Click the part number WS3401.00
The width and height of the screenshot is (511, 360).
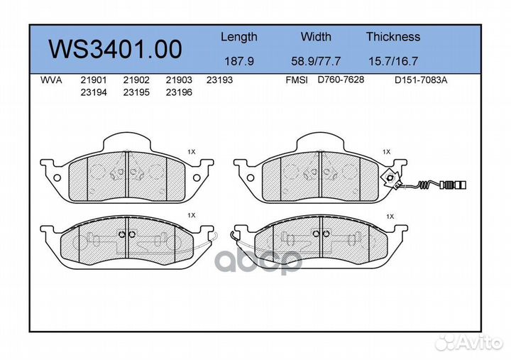tap(115, 49)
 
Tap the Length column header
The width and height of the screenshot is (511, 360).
tap(239, 38)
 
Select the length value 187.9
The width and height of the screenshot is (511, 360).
tap(239, 61)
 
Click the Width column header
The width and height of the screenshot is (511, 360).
tap(316, 36)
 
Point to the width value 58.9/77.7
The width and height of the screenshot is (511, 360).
tap(316, 61)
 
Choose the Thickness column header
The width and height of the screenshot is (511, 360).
tap(393, 36)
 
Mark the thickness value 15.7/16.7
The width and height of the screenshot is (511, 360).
tap(393, 61)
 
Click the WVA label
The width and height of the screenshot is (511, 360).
tap(51, 80)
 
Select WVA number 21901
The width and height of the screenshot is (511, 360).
tap(94, 80)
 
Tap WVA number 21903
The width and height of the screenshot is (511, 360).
tap(179, 80)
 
